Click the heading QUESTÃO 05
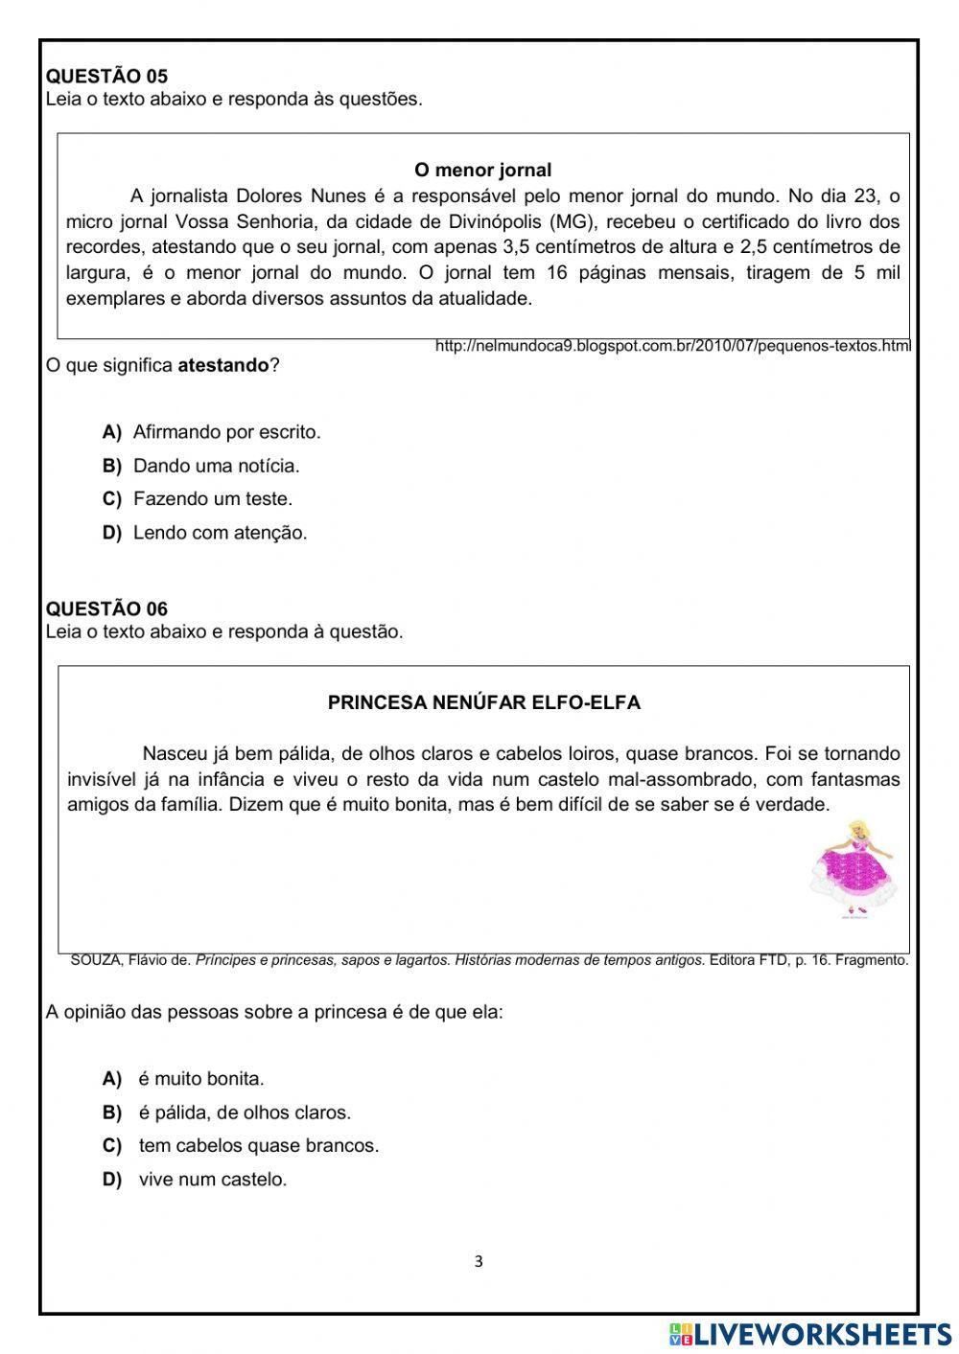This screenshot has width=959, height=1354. click(106, 77)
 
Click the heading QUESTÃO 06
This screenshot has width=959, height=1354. click(106, 609)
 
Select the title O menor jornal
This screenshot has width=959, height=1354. click(482, 171)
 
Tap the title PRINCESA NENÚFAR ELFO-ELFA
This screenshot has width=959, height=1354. click(483, 702)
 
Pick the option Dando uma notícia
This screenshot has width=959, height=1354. click(216, 467)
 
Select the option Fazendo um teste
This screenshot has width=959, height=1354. click(212, 499)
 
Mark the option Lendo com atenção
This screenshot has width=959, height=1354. click(220, 533)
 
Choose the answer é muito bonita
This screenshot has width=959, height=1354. click(200, 1079)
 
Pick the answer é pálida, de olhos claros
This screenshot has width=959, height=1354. click(245, 1113)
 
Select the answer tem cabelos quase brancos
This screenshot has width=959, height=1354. click(258, 1146)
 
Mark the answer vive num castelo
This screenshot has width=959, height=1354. click(212, 1180)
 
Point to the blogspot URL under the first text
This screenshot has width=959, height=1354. click(672, 346)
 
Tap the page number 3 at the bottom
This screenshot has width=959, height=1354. click(479, 1262)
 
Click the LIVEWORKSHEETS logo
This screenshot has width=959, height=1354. click(810, 1334)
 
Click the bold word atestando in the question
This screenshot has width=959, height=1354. click(223, 366)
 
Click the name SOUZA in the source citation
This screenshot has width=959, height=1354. click(96, 960)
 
